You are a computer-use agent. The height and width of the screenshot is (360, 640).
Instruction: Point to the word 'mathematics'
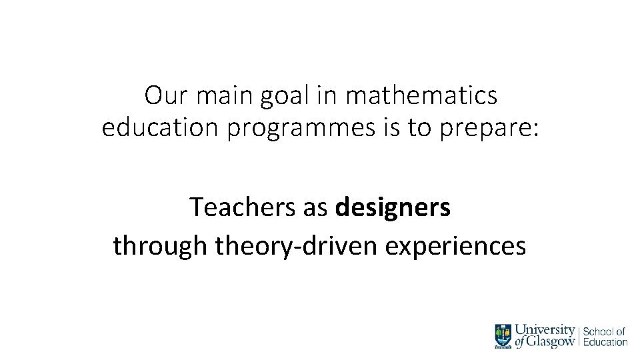pyautogui.click(x=421, y=96)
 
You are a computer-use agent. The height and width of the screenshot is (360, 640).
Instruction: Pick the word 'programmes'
pyautogui.click(x=301, y=128)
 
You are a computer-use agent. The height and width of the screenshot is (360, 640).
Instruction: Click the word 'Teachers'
pyautogui.click(x=246, y=207)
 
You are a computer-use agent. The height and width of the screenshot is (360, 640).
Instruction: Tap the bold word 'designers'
pyautogui.click(x=393, y=209)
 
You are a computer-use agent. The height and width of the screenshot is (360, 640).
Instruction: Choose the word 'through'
pyautogui.click(x=160, y=246)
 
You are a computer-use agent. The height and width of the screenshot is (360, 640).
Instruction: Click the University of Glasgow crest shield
pyautogui.click(x=503, y=335)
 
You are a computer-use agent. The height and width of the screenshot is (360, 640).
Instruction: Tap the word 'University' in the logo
pyautogui.click(x=545, y=329)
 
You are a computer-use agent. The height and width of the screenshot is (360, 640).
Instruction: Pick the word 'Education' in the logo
pyautogui.click(x=605, y=342)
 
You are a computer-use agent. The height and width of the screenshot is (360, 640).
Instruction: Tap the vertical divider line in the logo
pyautogui.click(x=579, y=336)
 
